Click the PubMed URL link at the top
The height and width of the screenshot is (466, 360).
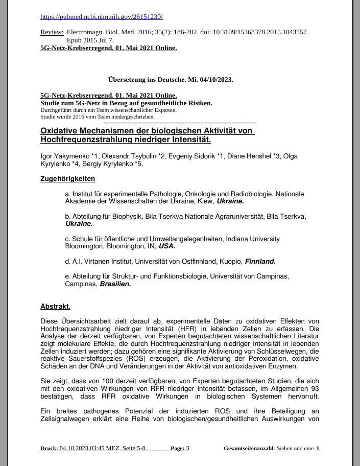point(101,17)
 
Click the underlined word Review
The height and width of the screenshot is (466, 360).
point(52,32)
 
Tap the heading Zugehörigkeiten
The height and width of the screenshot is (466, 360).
point(67,179)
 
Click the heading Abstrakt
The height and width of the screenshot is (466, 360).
point(55,307)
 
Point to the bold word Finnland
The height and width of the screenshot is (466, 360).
point(260,262)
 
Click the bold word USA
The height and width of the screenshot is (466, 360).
point(167,246)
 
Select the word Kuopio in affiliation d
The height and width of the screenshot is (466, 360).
point(230,262)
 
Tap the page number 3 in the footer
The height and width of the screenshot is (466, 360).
point(187,449)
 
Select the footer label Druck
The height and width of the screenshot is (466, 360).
point(49,449)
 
